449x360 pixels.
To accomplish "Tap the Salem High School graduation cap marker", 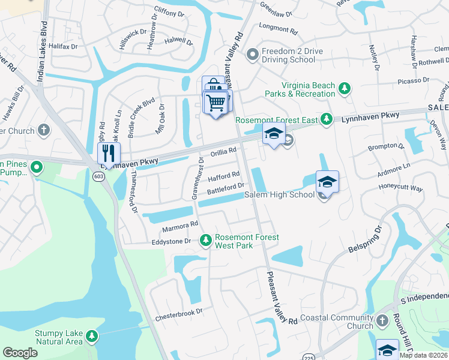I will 327,181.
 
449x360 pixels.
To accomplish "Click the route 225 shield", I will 307,350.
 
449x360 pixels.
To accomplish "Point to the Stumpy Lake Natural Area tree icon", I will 91,335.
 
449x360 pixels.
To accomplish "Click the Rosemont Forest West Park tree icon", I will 206,240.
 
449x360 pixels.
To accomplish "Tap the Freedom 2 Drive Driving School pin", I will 253,55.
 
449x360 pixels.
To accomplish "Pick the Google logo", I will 20,352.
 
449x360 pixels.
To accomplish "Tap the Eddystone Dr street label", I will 170,241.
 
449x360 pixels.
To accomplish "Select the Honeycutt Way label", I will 400,188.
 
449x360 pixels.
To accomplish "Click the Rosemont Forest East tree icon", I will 326,120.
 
